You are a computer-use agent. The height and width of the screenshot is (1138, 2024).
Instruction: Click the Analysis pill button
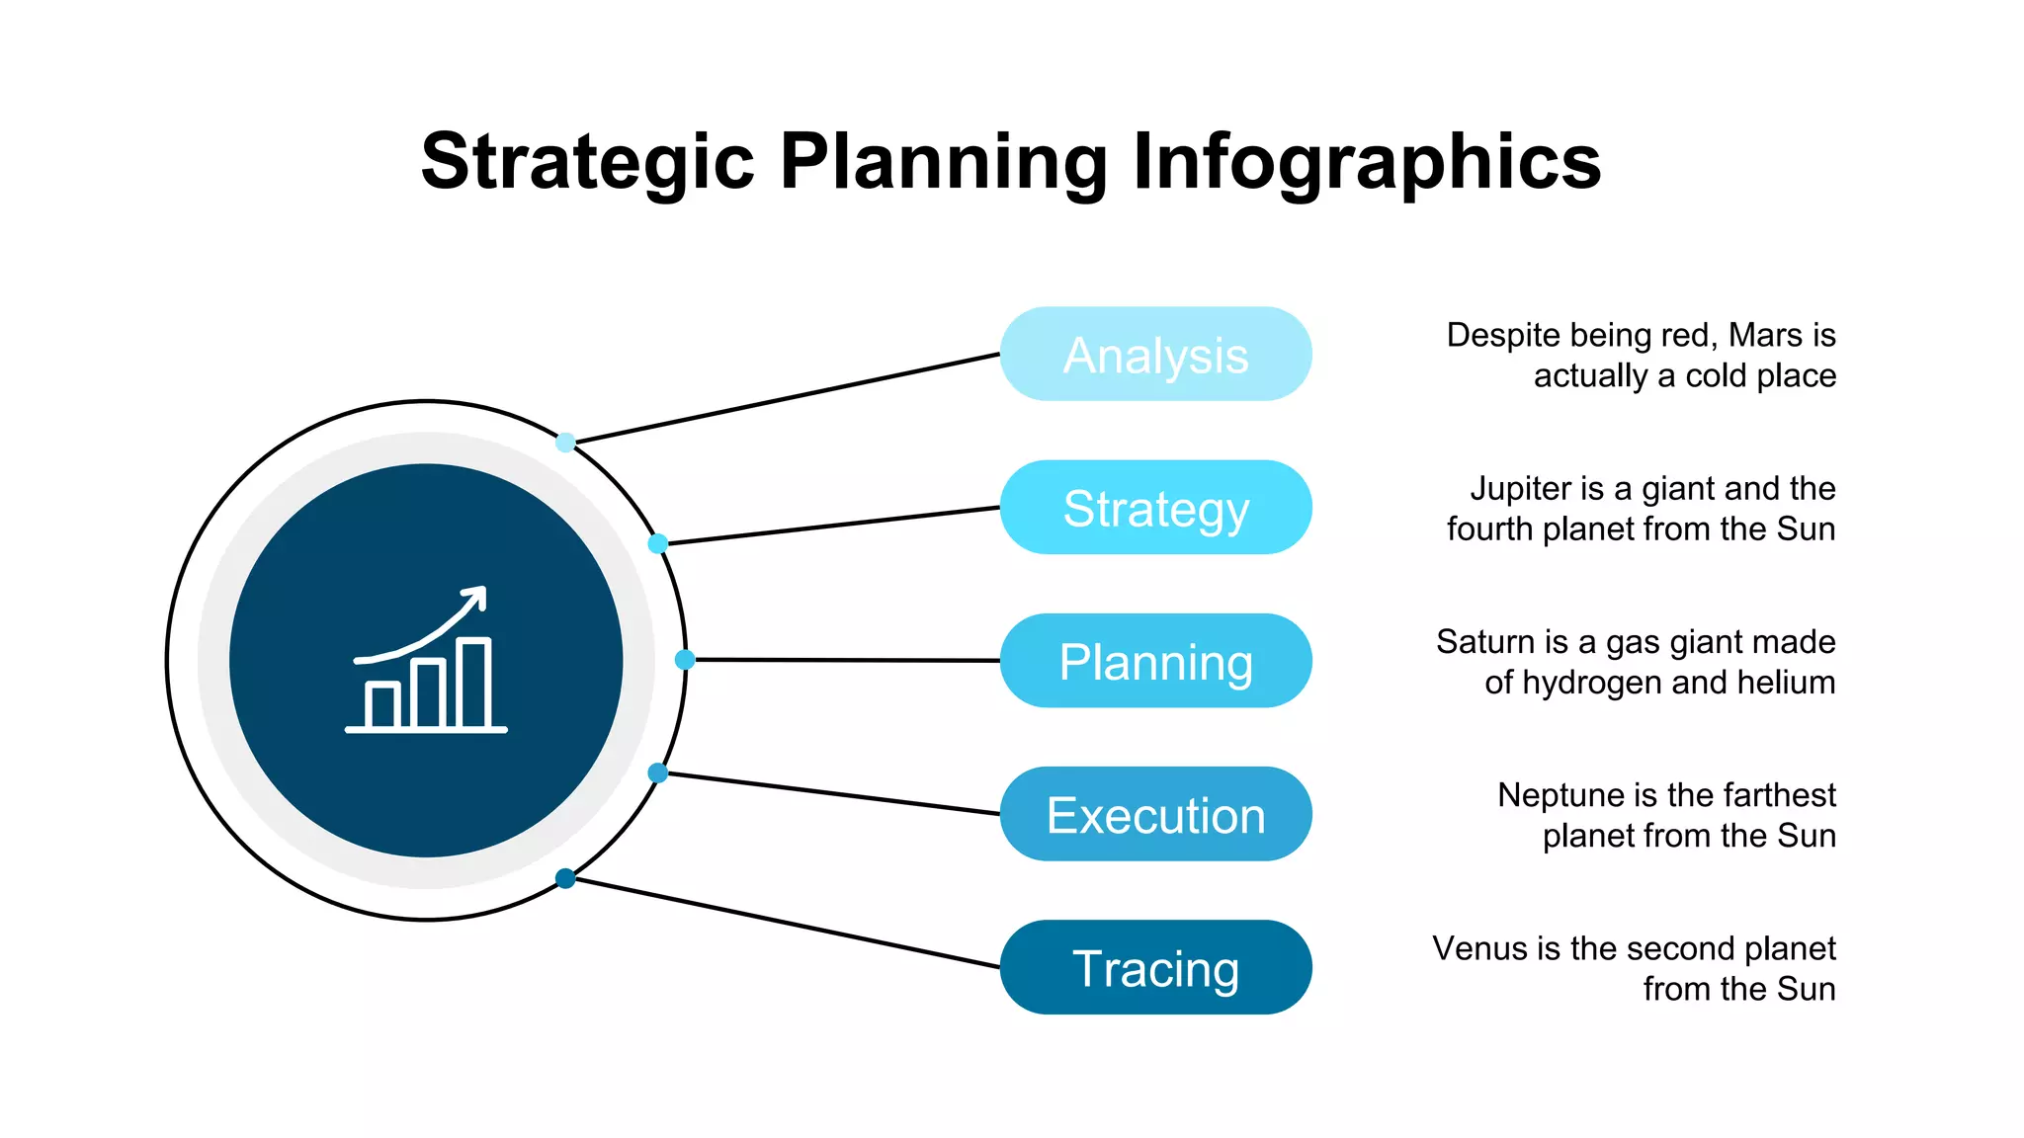click(1155, 354)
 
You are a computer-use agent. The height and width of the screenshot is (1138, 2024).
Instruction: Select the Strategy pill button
click(1155, 507)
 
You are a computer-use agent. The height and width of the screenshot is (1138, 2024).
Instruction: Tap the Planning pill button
click(1155, 660)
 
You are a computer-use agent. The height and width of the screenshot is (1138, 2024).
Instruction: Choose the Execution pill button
click(1155, 814)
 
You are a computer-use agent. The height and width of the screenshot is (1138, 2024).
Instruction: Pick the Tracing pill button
click(1155, 967)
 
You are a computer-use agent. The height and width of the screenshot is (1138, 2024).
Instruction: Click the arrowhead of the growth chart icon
click(477, 596)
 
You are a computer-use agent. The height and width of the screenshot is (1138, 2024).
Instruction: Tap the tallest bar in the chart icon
click(473, 684)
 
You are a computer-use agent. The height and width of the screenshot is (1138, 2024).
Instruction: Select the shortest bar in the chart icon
click(381, 704)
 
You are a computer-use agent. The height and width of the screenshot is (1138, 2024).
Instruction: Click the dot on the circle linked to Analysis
click(565, 443)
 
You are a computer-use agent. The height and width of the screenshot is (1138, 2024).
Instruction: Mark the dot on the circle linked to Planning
click(685, 660)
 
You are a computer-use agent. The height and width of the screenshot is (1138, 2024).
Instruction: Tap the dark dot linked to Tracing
click(565, 878)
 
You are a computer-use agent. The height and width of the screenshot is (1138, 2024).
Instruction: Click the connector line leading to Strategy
click(830, 526)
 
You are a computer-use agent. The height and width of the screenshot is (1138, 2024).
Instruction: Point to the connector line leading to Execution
click(830, 793)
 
